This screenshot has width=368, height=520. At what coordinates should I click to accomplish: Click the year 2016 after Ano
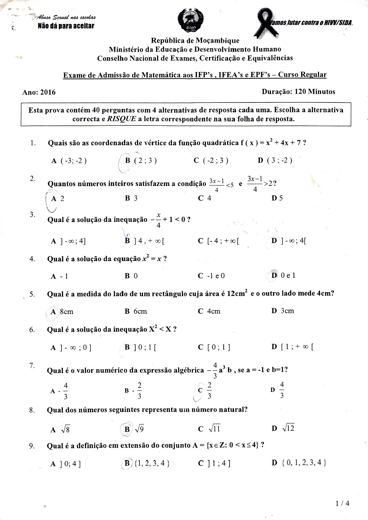coord(48,92)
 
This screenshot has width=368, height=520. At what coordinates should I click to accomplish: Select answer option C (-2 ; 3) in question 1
coord(211,160)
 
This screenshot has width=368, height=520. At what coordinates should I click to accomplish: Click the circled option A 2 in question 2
coord(57,199)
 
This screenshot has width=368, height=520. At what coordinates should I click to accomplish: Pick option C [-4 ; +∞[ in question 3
coord(218,241)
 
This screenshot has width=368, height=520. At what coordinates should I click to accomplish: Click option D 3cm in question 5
coord(283,311)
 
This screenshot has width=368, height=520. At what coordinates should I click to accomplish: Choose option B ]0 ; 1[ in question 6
coord(141,347)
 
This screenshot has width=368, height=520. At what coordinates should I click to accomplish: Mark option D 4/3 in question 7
coord(279,390)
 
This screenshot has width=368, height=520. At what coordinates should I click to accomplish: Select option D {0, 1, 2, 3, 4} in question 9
coord(299,463)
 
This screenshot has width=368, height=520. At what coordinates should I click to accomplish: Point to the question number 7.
coord(32,365)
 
